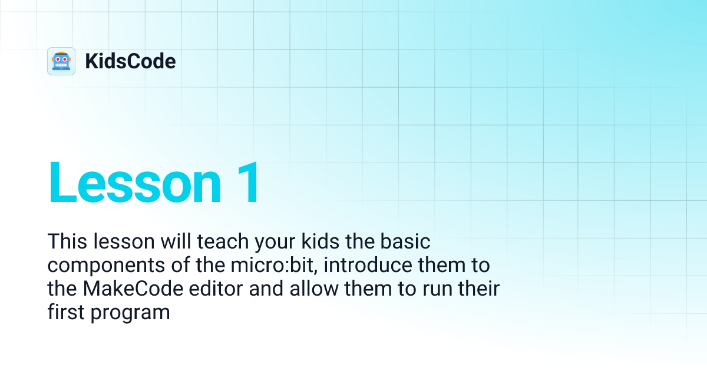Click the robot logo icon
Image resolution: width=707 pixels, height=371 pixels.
tap(61, 61)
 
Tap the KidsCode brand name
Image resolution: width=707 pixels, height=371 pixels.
tap(130, 61)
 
